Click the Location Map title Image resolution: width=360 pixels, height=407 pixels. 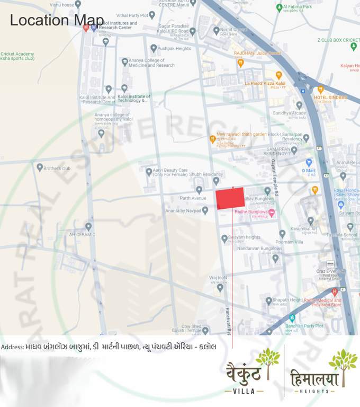point(57,20)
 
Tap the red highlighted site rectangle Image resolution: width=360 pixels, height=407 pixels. point(230,198)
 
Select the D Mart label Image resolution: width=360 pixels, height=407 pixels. point(308,171)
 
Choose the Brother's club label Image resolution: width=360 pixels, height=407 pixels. point(57,169)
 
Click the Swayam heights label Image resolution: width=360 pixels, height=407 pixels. point(245,237)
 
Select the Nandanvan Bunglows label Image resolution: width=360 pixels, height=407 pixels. point(259,248)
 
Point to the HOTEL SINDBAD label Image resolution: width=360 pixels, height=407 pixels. point(331,98)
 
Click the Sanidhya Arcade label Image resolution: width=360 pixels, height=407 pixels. point(289,113)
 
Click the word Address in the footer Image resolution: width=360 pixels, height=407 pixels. point(12,347)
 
